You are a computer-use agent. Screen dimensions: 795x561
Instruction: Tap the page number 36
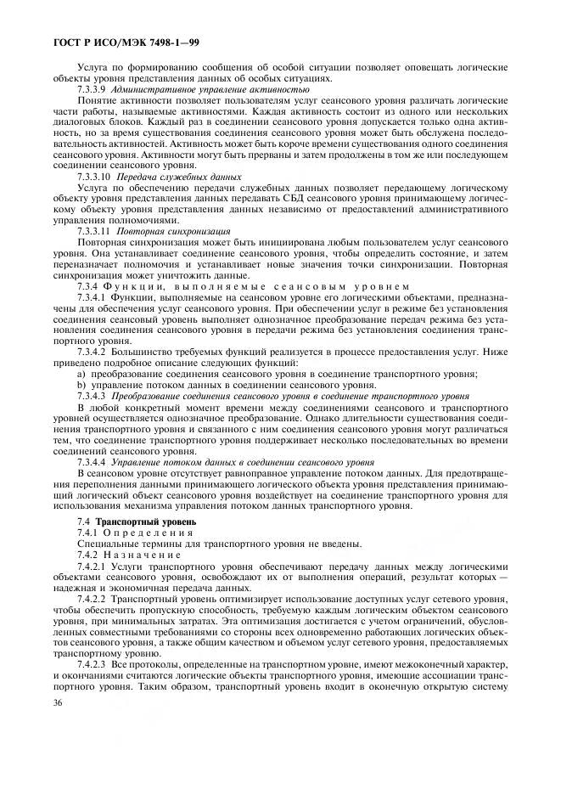click(x=59, y=750)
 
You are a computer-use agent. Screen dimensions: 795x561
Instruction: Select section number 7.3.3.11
click(x=94, y=230)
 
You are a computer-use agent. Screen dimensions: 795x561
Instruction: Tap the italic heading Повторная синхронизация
click(x=169, y=230)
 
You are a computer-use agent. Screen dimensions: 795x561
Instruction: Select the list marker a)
click(x=81, y=373)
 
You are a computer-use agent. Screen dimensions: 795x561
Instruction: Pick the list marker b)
click(x=81, y=384)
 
